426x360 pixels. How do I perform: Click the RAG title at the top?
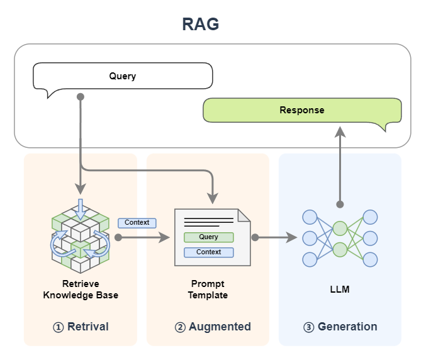pyautogui.click(x=200, y=25)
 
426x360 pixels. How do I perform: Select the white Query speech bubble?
pyautogui.click(x=123, y=76)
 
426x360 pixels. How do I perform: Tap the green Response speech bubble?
pyautogui.click(x=301, y=110)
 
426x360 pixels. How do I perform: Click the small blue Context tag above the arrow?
pyautogui.click(x=137, y=222)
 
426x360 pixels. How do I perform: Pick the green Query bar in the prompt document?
pyautogui.click(x=208, y=237)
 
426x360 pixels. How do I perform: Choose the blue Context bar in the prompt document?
pyautogui.click(x=208, y=252)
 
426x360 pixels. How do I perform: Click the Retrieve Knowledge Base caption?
pyautogui.click(x=81, y=290)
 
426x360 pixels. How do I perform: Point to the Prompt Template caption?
pyautogui.click(x=208, y=290)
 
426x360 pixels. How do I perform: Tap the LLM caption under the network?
pyautogui.click(x=340, y=290)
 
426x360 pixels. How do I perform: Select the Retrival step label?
pyautogui.click(x=87, y=327)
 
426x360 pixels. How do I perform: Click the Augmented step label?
pyautogui.click(x=220, y=327)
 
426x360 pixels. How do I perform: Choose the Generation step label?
pyautogui.click(x=347, y=327)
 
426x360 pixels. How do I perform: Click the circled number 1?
pyautogui.click(x=59, y=327)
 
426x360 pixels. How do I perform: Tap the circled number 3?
pyautogui.click(x=308, y=327)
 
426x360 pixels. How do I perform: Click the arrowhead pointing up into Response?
pyautogui.click(x=340, y=130)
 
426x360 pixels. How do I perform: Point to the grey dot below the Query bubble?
pyautogui.click(x=80, y=97)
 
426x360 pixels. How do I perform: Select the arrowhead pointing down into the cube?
pyautogui.click(x=80, y=188)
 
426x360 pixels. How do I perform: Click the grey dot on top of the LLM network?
pyautogui.click(x=340, y=204)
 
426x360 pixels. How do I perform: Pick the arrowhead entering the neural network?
pyautogui.click(x=291, y=238)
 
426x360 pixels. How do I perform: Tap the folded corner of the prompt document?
pyautogui.click(x=244, y=215)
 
